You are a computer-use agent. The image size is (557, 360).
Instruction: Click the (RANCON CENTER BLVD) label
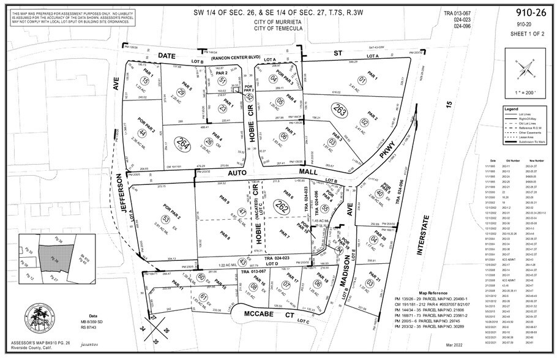click(234, 59)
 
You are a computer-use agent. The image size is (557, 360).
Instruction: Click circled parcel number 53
click(165, 219)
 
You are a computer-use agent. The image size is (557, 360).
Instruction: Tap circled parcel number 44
click(142, 133)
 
